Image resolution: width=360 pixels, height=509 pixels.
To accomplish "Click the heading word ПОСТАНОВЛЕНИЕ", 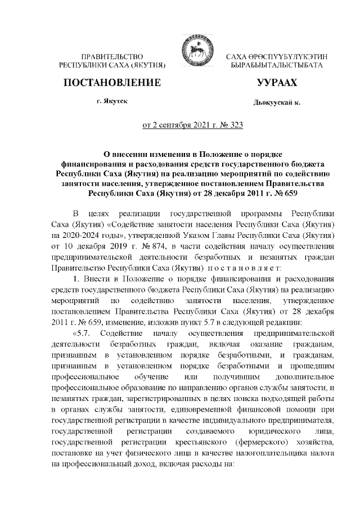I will tap(112, 84).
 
